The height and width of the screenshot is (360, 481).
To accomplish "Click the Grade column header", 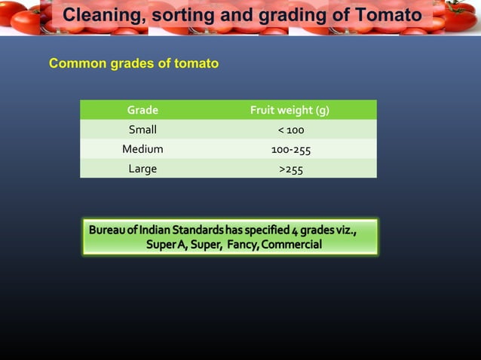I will (142, 111).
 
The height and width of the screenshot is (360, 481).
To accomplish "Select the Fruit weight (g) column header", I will (290, 111).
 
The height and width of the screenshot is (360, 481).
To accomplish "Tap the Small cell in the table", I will (142, 130).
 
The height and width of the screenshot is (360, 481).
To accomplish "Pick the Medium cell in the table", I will (142, 149).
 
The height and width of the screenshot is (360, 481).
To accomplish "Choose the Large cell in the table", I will (142, 169).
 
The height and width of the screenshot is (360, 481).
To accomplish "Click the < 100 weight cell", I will (290, 130).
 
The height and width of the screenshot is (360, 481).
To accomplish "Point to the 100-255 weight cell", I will (290, 150).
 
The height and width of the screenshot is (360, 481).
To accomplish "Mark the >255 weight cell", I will (290, 169).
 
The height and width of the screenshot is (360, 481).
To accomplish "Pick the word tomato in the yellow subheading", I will (195, 64).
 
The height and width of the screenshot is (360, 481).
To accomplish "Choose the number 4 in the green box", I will (296, 229).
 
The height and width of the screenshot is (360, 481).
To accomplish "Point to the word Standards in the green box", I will (197, 229).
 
